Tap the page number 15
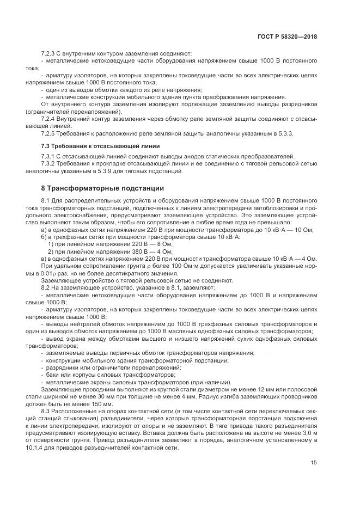coord(314,463)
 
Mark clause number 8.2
coord(46,287)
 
